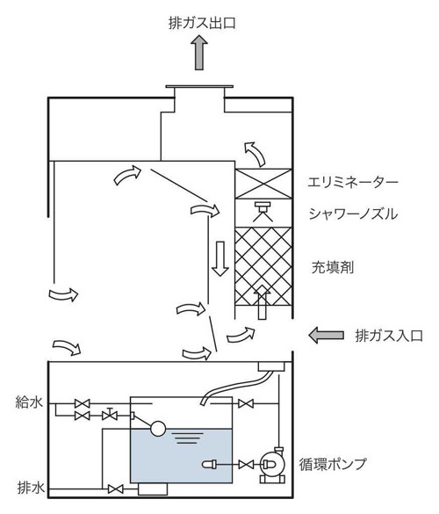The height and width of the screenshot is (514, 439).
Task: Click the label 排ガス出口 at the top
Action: coord(202,23)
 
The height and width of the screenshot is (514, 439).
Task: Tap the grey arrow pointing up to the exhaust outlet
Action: coord(199,53)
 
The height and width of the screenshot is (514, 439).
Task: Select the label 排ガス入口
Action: coord(389,336)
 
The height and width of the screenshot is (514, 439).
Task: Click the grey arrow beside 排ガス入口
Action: coord(327,335)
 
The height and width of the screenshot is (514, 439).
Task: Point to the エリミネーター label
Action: coord(353,182)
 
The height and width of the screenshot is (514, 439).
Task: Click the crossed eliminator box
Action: coord(263,184)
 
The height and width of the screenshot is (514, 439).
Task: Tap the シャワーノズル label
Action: coord(353,214)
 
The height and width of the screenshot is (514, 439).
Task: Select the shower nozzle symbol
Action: coord(263,211)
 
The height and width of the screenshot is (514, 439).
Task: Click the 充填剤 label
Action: coord(333,267)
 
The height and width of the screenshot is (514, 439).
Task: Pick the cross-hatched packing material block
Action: coord(263,266)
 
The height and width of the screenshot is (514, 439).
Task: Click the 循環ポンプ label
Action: coord(332,464)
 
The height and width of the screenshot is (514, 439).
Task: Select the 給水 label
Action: coord(29,402)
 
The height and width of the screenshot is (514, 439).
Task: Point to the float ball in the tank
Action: coord(158,429)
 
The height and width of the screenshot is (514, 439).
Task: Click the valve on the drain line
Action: coord(115,489)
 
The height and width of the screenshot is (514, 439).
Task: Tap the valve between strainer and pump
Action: coord(246,465)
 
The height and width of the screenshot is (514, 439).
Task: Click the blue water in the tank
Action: coord(181,456)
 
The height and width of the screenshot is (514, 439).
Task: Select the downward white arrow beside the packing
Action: coord(220,259)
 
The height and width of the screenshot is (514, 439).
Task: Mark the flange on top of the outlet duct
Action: coord(199,87)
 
